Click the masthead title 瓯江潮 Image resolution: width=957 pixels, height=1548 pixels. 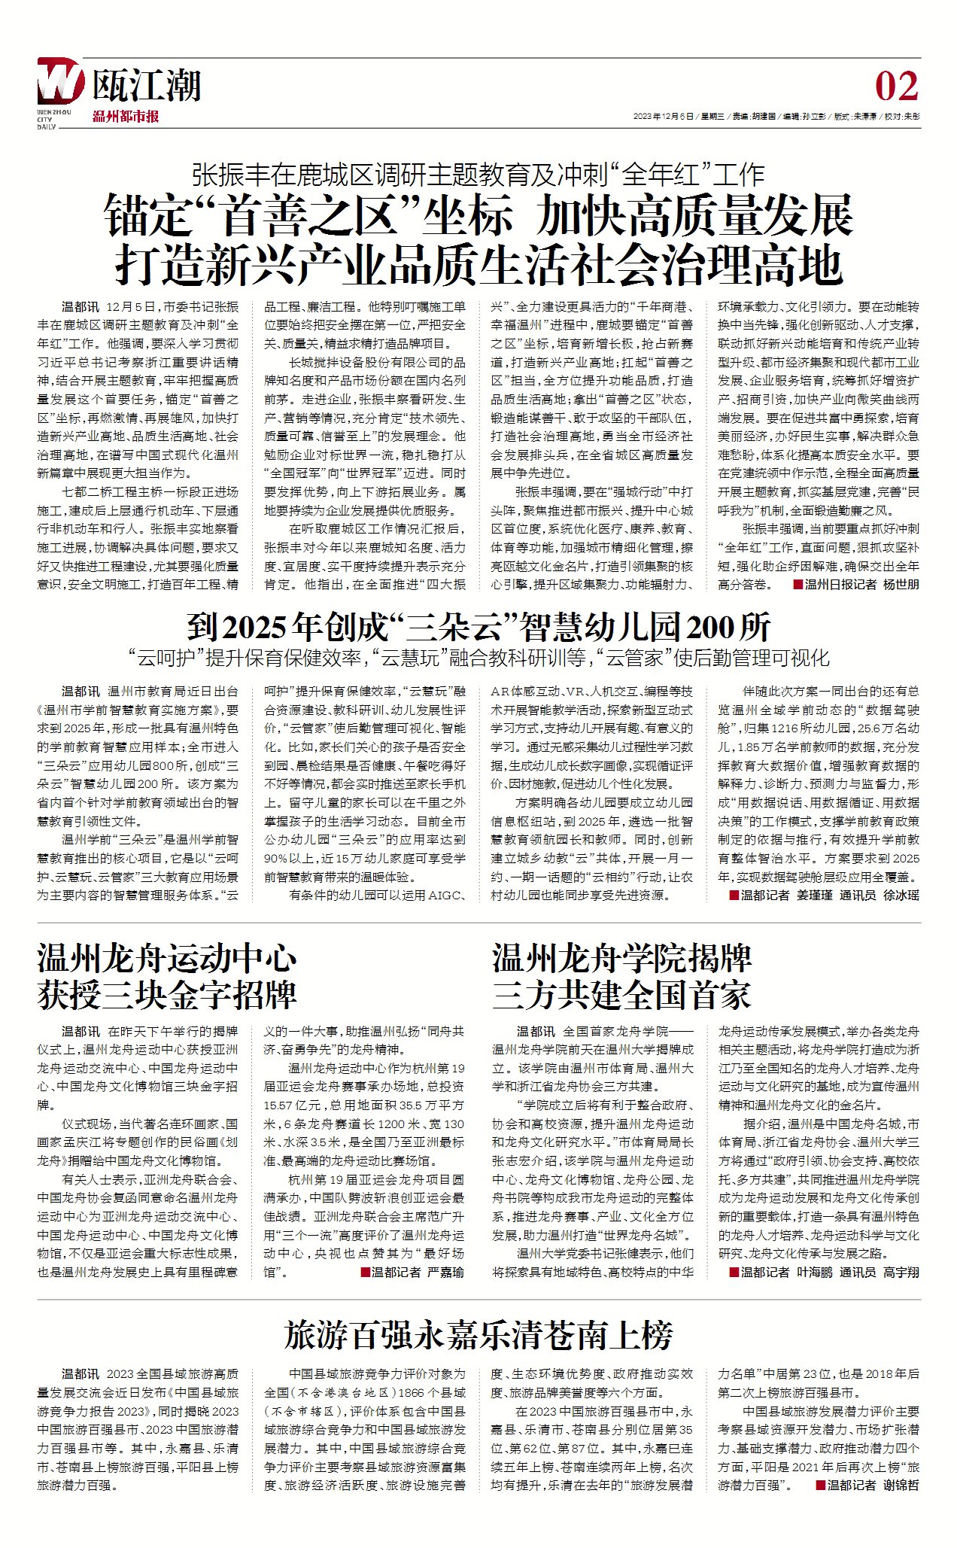tap(147, 84)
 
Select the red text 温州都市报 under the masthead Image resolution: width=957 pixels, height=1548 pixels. tap(126, 117)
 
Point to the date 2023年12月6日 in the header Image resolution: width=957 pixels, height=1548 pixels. tap(663, 117)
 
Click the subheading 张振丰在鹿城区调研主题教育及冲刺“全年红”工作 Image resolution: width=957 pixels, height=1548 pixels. tap(478, 175)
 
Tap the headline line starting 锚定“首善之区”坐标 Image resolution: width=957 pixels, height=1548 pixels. tap(478, 215)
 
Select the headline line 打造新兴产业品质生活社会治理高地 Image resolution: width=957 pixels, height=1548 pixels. tap(478, 264)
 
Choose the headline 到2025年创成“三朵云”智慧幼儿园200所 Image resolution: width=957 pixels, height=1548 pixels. tap(478, 626)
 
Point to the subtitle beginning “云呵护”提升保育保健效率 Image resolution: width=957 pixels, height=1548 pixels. tap(478, 658)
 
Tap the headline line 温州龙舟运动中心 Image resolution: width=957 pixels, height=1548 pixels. tap(167, 959)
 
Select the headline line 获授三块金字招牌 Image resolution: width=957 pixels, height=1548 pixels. tap(167, 995)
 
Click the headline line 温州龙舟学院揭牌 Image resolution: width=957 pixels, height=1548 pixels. tap(622, 959)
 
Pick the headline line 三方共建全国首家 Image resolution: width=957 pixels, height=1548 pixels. tap(622, 995)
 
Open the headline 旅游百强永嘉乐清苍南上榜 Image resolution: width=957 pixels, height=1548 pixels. tap(478, 1336)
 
